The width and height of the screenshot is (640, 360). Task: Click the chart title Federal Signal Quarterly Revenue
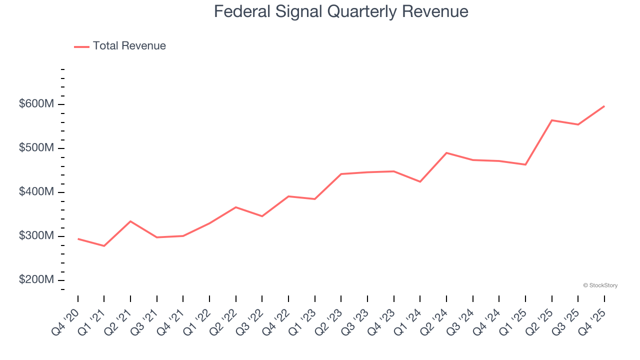pyautogui.click(x=341, y=11)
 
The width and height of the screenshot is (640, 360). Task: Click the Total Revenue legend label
pyautogui.click(x=129, y=46)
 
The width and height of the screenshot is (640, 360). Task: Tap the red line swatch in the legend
pyautogui.click(x=81, y=46)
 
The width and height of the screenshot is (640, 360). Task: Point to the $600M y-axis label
pyautogui.click(x=36, y=104)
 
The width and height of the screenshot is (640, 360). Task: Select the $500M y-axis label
pyautogui.click(x=36, y=148)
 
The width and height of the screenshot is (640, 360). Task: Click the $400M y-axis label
pyautogui.click(x=36, y=192)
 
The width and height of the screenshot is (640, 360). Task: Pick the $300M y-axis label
pyautogui.click(x=36, y=236)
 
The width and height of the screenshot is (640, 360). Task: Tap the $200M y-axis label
pyautogui.click(x=36, y=280)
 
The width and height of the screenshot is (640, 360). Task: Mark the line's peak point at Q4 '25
pyautogui.click(x=604, y=106)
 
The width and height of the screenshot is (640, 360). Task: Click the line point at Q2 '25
pyautogui.click(x=551, y=120)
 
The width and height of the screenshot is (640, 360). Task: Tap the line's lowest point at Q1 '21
pyautogui.click(x=104, y=246)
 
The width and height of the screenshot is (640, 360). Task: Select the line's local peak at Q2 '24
pyautogui.click(x=446, y=152)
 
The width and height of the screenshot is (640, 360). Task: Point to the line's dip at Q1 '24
pyautogui.click(x=420, y=181)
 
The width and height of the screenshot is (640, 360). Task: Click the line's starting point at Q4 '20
pyautogui.click(x=78, y=239)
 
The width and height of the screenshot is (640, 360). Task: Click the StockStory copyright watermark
pyautogui.click(x=600, y=285)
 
